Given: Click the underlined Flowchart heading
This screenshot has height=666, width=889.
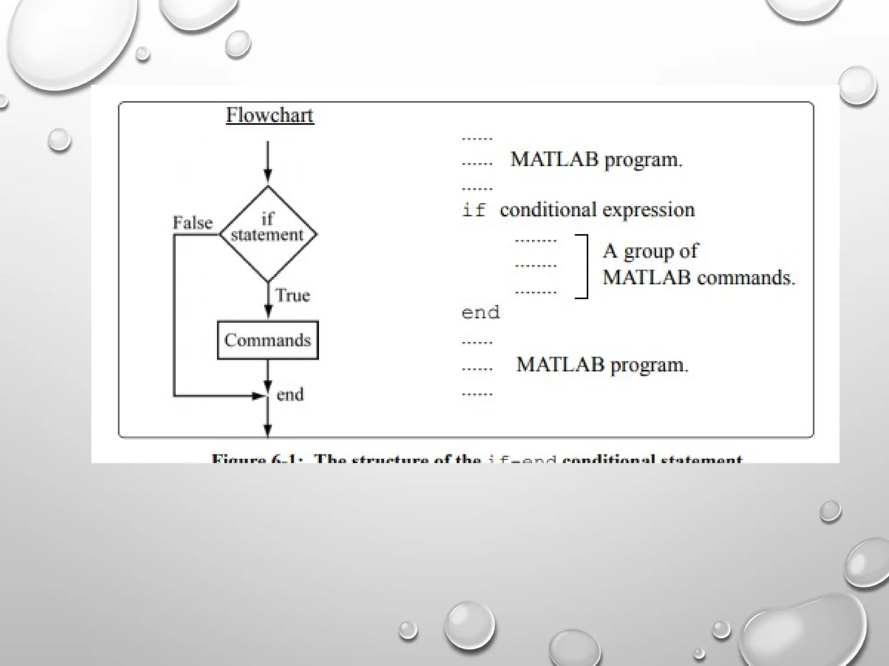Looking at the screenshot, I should (270, 115).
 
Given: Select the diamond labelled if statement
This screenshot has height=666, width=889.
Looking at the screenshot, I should (268, 234).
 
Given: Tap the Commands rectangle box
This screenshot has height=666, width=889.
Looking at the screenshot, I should (267, 340).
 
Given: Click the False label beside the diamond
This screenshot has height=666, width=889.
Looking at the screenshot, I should (193, 223).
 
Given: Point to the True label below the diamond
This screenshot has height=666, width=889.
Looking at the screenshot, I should (293, 295).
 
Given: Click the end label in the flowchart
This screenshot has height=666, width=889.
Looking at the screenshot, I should (290, 395).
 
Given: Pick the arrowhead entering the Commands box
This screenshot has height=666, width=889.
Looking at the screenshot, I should (268, 311).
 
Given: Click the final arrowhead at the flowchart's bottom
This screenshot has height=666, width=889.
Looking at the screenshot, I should (268, 430).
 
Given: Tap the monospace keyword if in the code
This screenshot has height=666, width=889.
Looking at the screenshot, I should (473, 211).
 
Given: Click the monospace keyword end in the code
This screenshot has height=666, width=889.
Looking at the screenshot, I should (481, 313).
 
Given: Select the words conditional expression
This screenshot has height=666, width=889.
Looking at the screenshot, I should (597, 210).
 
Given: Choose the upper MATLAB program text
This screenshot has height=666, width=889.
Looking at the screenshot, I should (596, 160).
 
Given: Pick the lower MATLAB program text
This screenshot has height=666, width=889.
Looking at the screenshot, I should (602, 365).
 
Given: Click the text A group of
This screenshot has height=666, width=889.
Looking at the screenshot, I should (650, 251).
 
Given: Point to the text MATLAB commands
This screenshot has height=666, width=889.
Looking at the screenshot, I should (699, 277).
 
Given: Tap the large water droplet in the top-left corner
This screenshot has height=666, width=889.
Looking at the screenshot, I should (69, 41).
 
